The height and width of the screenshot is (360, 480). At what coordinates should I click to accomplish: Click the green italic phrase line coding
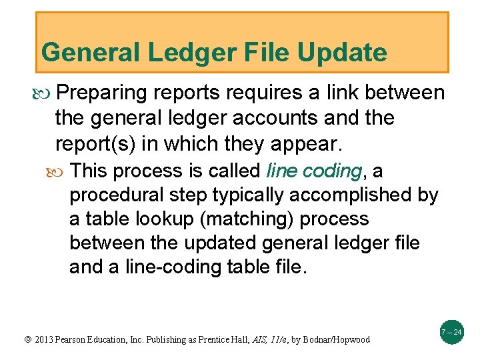313,171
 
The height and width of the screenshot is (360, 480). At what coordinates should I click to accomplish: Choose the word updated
215,243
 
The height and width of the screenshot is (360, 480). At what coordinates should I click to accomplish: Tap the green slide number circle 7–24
452,332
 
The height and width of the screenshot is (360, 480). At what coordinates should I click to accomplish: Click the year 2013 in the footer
40,339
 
